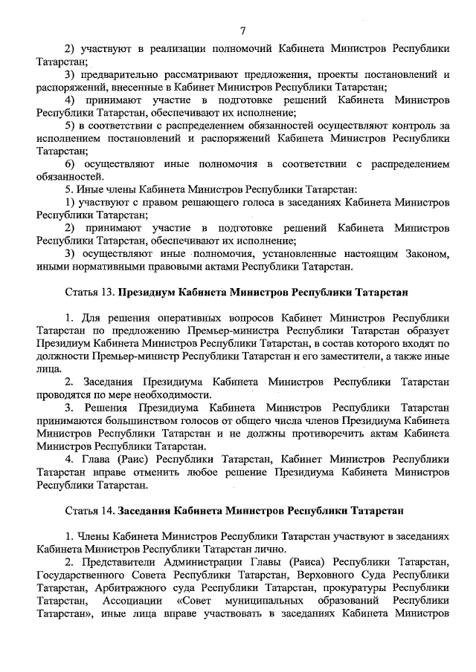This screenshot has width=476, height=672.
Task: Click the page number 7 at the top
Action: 243,30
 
